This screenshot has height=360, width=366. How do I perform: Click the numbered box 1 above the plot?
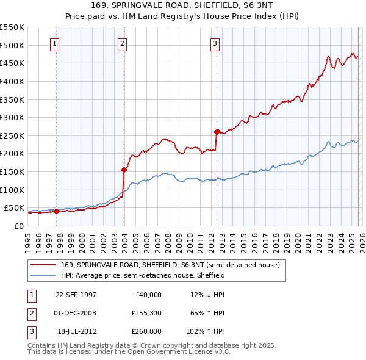click(55, 43)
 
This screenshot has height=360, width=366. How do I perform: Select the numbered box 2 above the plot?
click(122, 43)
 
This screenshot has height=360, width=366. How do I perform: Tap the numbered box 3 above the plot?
click(215, 43)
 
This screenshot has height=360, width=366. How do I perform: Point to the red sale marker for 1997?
click(57, 212)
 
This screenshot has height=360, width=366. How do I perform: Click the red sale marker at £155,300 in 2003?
click(124, 170)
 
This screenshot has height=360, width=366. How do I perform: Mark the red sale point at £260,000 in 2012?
click(217, 132)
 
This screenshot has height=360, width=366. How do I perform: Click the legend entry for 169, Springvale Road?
click(170, 265)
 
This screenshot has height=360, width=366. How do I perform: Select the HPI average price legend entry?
click(143, 275)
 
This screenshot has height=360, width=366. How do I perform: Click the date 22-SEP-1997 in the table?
click(76, 295)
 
